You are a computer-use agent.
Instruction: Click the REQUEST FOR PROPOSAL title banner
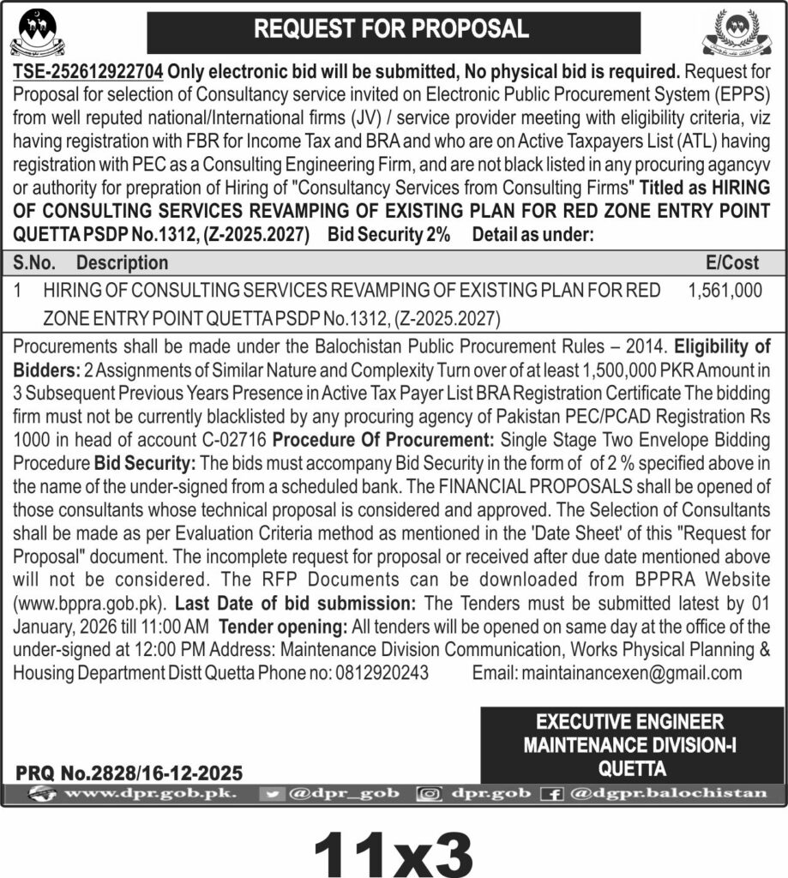394,30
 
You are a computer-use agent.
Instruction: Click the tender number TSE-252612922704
88,69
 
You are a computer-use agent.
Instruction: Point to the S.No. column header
35,262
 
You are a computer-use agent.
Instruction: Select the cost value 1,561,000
725,291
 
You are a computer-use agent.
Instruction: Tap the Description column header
122,262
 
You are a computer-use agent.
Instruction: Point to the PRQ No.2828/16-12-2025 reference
129,772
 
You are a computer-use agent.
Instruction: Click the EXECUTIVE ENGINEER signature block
630,743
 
